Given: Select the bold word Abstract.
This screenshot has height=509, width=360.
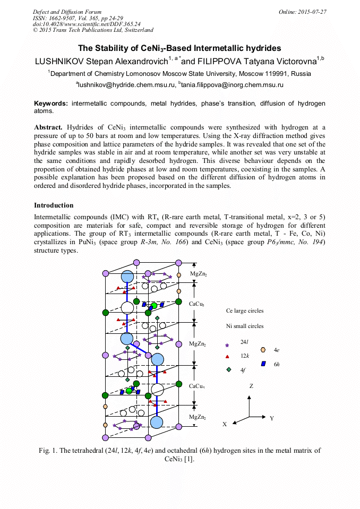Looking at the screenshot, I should [48, 127].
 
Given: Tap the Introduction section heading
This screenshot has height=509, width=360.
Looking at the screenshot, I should [54, 205].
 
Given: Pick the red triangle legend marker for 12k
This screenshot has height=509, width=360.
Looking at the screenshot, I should [227, 357].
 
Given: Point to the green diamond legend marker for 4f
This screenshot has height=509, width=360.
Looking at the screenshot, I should [228, 369].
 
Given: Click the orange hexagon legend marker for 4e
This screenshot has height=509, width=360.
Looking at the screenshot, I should [263, 350].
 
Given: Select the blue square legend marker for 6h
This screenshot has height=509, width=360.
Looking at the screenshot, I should [263, 364].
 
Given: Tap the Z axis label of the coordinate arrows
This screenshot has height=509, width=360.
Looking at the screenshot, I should [251, 386].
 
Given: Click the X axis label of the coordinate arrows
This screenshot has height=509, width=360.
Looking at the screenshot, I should [225, 424].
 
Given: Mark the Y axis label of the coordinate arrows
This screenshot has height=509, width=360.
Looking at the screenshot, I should [271, 418].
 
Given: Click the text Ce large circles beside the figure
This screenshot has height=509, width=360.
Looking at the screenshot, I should [244, 310].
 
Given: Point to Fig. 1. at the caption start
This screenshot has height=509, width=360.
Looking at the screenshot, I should [48, 451].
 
